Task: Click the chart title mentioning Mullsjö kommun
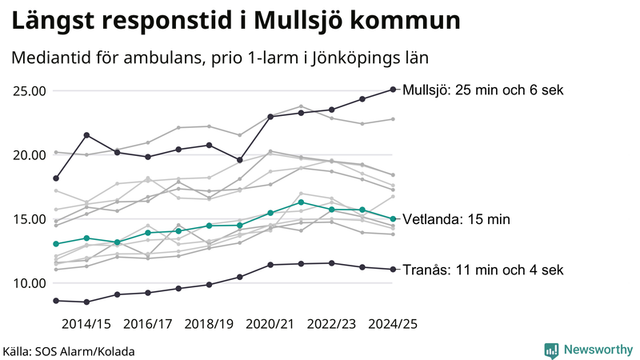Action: (x=236, y=21)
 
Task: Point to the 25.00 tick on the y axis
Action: (x=28, y=90)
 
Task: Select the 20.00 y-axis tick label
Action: (x=28, y=154)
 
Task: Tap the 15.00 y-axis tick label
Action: (x=28, y=218)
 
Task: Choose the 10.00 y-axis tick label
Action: (x=28, y=283)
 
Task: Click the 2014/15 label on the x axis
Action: (x=86, y=324)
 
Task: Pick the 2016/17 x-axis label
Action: (x=147, y=324)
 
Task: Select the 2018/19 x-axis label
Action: (x=209, y=324)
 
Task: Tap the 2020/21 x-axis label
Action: (x=270, y=324)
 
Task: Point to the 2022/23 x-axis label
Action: (x=331, y=324)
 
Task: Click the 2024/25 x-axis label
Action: (x=393, y=324)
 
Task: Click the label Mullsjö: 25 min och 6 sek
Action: (x=484, y=90)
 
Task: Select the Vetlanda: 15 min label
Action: (x=456, y=219)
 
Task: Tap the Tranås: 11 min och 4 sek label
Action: (x=482, y=270)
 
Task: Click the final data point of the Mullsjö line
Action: (x=393, y=90)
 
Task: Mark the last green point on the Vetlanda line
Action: (x=393, y=219)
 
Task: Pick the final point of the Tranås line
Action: (x=393, y=270)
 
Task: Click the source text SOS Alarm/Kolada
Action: (x=68, y=351)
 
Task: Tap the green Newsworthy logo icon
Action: (x=551, y=350)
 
